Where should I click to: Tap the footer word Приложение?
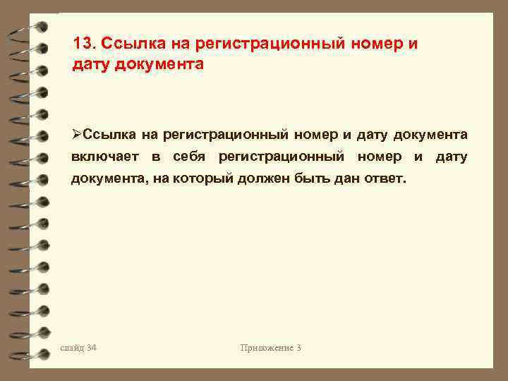pyautogui.click(x=266, y=347)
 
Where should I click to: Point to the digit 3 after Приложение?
pyautogui.click(x=298, y=347)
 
